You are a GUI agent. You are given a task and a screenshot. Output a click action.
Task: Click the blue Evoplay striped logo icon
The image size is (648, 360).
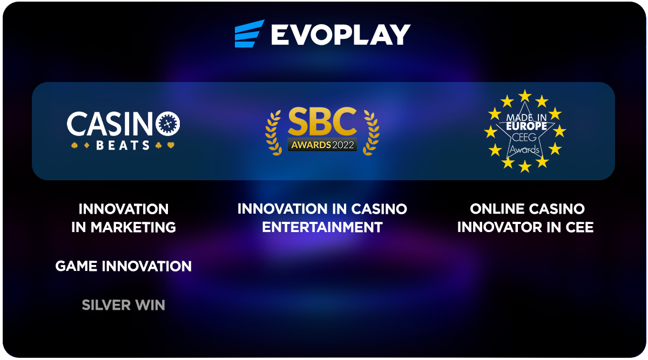(x=249, y=33)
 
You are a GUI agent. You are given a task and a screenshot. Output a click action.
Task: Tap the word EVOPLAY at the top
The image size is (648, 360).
(x=341, y=35)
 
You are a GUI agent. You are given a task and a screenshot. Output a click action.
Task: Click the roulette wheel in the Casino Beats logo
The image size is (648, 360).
(x=168, y=124)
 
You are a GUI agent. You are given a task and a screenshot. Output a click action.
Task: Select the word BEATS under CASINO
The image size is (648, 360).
(x=123, y=145)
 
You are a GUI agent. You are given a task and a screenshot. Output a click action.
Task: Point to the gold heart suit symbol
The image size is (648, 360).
(x=171, y=145)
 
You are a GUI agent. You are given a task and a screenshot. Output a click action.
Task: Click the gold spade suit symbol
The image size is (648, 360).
(x=75, y=145)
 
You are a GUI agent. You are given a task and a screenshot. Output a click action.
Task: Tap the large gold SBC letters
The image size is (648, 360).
(x=322, y=121)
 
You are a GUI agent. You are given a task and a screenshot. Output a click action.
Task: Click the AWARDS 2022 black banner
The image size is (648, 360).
(x=322, y=145)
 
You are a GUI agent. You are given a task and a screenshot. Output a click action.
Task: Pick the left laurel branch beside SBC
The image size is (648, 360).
(x=273, y=133)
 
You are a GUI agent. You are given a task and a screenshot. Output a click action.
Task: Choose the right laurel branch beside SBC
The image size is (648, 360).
(x=371, y=133)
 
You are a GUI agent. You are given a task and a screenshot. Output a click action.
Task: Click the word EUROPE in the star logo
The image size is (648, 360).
(x=526, y=126)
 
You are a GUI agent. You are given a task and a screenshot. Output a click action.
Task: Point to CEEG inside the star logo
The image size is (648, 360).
(x=524, y=137)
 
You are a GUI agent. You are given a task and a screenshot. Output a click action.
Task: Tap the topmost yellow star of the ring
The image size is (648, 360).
(x=525, y=96)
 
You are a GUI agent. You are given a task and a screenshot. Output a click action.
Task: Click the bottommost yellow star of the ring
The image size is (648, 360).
(x=525, y=167)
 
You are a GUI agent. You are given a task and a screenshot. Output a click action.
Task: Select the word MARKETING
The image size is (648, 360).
(x=133, y=227)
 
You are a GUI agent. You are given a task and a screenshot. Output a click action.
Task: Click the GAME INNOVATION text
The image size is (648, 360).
(x=124, y=266)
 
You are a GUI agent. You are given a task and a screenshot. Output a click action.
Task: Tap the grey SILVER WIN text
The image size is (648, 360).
(x=124, y=305)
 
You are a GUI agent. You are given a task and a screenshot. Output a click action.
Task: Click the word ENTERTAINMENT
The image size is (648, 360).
(x=322, y=227)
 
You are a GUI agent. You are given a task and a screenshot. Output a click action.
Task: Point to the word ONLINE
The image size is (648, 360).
(x=494, y=209)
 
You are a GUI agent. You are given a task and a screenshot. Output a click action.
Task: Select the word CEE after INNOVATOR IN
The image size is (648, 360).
(x=580, y=227)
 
